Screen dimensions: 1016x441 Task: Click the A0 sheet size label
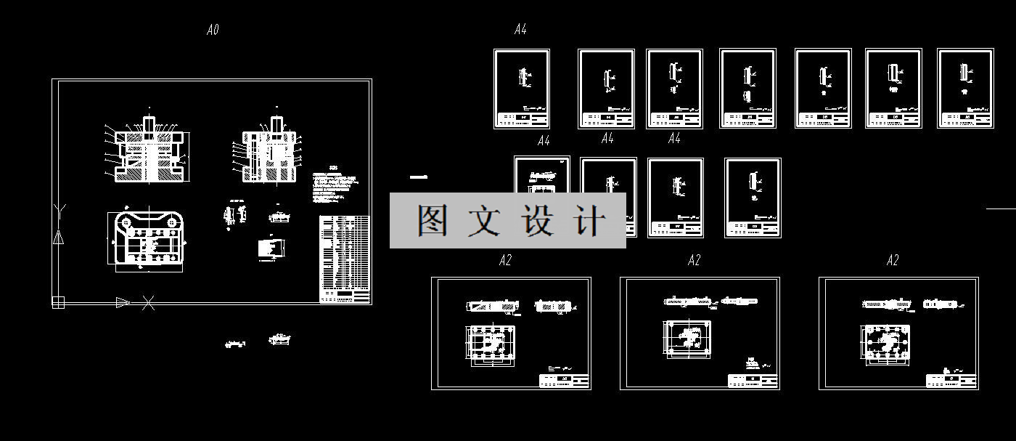[213, 30]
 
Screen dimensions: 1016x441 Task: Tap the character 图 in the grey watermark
[433, 220]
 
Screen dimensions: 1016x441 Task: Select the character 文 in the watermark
[484, 220]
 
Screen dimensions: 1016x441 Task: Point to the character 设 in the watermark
[538, 220]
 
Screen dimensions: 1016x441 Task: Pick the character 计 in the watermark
[589, 220]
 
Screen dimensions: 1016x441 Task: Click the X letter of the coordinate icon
[148, 302]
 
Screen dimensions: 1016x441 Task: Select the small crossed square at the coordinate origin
[58, 302]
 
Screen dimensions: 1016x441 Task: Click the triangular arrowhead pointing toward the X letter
[123, 302]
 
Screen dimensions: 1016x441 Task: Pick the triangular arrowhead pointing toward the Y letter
[58, 237]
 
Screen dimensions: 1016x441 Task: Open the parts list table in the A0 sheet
[345, 259]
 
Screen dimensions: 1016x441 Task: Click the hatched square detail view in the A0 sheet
[271, 248]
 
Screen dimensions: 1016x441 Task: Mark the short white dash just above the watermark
[418, 177]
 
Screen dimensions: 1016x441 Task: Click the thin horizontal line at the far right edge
[1001, 208]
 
